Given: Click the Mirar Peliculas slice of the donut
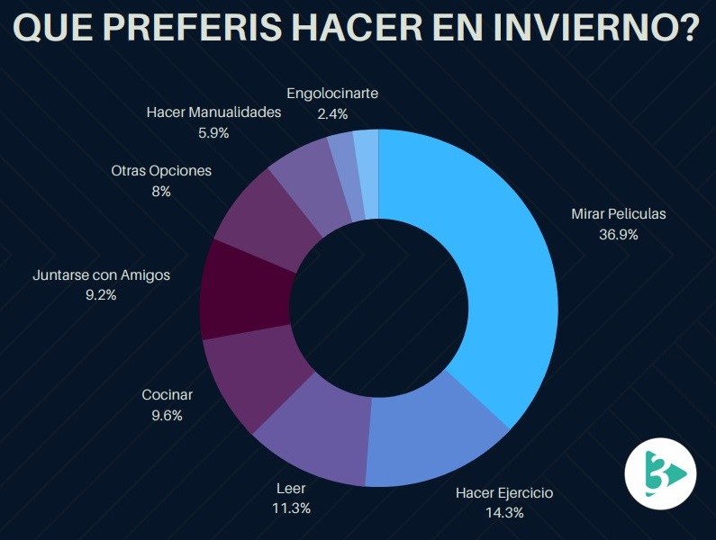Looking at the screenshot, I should coord(486,270).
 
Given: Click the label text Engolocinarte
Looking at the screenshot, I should coord(332,93).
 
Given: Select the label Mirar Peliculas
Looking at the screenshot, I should coord(618,214).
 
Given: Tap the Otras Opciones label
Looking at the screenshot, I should coord(161,171).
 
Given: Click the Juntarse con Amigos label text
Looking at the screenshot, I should coord(100,274).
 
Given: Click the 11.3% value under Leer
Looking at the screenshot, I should coord(292,508).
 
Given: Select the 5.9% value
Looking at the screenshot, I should coord(213,132).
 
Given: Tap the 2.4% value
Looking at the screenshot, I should coord(332,113).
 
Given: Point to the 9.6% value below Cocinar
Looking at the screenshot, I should coord(167,415).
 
